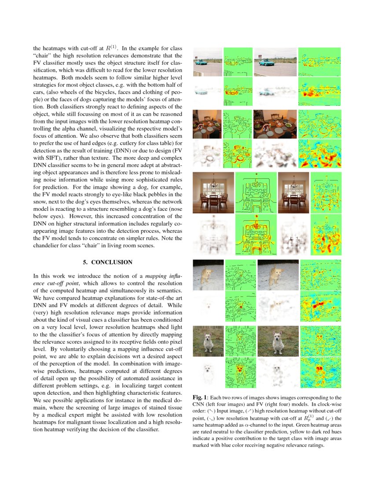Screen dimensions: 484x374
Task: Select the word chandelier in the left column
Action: (49, 246)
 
